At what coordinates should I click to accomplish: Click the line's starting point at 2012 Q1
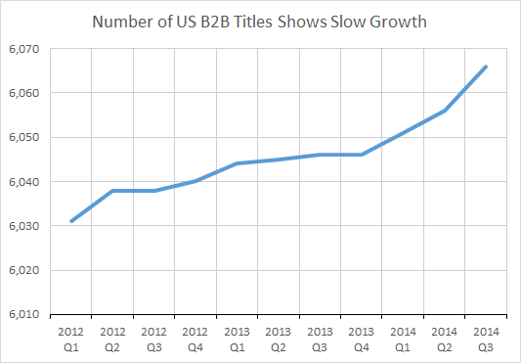pyautogui.click(x=71, y=221)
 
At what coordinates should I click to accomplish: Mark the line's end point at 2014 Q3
pyautogui.click(x=487, y=67)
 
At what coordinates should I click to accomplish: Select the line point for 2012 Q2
pyautogui.click(x=113, y=191)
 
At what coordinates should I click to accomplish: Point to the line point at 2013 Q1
pyautogui.click(x=238, y=163)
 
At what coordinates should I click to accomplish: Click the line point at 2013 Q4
pyautogui.click(x=363, y=155)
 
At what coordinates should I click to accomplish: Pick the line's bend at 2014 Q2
pyautogui.click(x=446, y=111)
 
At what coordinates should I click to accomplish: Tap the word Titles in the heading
pyautogui.click(x=268, y=21)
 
